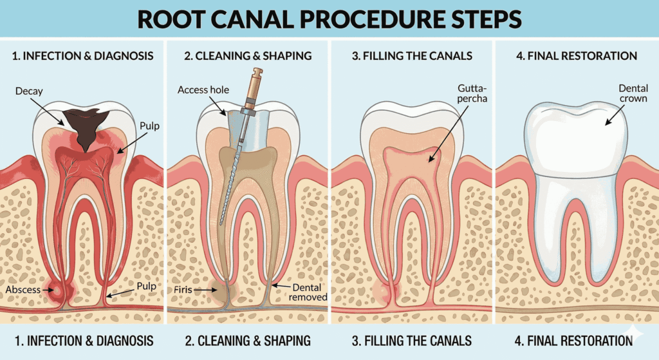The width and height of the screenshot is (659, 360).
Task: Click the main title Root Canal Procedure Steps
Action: [x=329, y=19]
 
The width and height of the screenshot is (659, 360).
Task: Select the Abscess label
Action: [x=22, y=290]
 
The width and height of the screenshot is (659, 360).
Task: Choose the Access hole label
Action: [x=203, y=90]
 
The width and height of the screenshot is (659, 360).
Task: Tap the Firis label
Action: [x=183, y=290]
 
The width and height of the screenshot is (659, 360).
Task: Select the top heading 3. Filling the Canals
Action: [x=412, y=55]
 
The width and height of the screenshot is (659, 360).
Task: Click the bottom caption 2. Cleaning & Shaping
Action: [x=247, y=340]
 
